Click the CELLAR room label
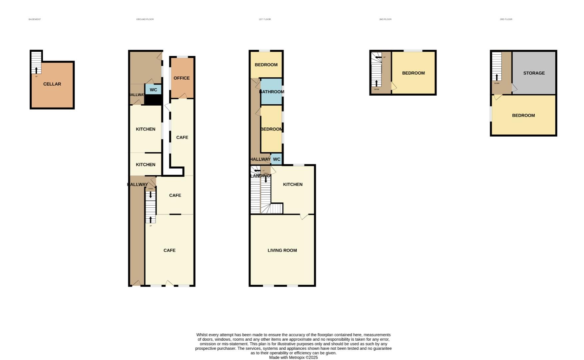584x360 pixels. click(52, 84)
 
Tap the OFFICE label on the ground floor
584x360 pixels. click(182, 78)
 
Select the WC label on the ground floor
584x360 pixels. click(153, 90)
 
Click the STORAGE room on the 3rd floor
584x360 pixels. click(534, 73)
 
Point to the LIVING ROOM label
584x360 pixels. click(282, 250)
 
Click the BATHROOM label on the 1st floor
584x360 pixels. click(272, 92)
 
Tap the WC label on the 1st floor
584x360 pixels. click(277, 159)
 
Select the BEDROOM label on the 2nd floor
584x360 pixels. click(413, 73)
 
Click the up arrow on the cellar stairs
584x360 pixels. click(36, 70)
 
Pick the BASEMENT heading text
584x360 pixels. click(35, 19)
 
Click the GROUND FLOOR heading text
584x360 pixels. click(145, 19)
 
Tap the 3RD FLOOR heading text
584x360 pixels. click(506, 19)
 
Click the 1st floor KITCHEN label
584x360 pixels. click(292, 184)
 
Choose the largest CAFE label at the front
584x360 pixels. click(169, 250)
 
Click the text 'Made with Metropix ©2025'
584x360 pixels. click(293, 357)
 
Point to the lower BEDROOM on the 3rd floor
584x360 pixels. click(523, 115)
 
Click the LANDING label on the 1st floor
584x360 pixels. click(261, 176)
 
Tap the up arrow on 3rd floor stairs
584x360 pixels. click(496, 77)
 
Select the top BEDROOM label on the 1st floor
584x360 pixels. click(266, 65)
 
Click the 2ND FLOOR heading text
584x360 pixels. click(385, 19)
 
